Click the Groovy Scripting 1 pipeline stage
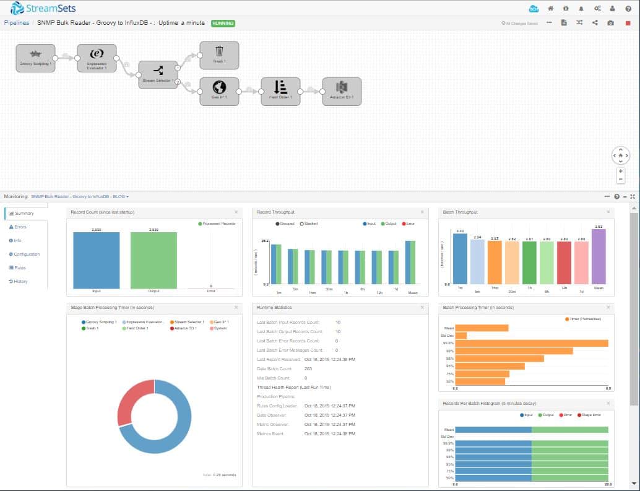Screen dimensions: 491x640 tap(35, 58)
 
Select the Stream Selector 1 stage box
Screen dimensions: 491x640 tap(158, 75)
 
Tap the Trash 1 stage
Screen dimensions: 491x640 tap(219, 56)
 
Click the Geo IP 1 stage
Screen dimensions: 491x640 tap(219, 92)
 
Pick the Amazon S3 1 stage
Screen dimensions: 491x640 tap(342, 92)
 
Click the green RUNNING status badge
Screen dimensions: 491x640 tap(223, 23)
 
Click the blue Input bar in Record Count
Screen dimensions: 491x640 tap(96, 260)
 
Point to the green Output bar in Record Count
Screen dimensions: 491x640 tap(154, 260)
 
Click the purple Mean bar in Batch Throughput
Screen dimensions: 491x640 tap(598, 256)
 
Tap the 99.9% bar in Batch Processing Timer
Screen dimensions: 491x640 tap(532, 343)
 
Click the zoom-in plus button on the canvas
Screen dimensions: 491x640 tap(620, 170)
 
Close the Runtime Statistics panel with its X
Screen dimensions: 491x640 tap(422, 307)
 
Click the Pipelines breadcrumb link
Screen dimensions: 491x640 tap(16, 23)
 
